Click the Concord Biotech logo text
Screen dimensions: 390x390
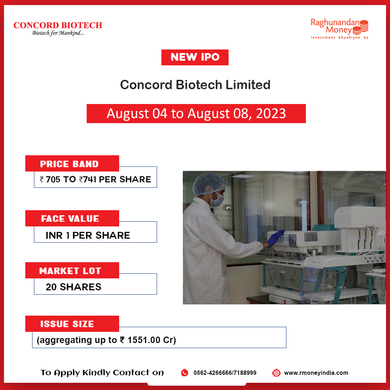[x=58, y=25]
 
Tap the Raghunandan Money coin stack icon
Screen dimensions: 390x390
[x=364, y=26]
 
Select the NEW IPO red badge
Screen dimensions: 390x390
[x=195, y=57]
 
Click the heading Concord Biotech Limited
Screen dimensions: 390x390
[x=195, y=85]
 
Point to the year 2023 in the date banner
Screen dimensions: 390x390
[x=271, y=113]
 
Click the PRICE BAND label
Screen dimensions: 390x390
[x=69, y=164]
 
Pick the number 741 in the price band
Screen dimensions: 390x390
[x=90, y=179]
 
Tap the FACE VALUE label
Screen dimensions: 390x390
[x=70, y=218]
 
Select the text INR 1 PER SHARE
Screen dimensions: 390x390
[x=88, y=235]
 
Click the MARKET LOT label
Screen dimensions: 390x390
[x=70, y=271]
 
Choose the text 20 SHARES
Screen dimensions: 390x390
[x=73, y=287]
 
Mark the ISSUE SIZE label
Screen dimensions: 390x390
[x=67, y=324]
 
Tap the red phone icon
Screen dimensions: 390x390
[x=185, y=373]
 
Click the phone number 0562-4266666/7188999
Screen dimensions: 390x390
[x=225, y=373]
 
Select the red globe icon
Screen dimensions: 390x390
[x=276, y=373]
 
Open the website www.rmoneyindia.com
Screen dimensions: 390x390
[x=316, y=373]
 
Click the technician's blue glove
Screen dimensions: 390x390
[x=276, y=238]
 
